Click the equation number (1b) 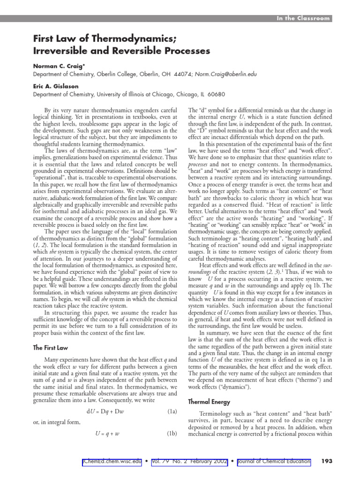[172, 433]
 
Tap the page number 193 [327, 462]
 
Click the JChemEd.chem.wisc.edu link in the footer [112, 462]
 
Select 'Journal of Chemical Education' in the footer [274, 462]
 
